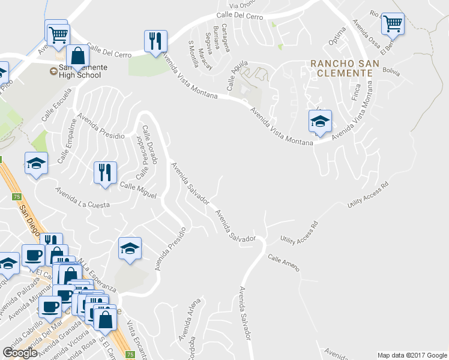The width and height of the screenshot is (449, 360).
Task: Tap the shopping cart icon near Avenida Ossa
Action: click(393, 24)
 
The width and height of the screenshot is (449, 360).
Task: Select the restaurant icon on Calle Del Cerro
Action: click(155, 41)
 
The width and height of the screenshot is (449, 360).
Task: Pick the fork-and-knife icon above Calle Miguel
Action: click(105, 173)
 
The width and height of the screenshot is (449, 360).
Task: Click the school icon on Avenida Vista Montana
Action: click(320, 121)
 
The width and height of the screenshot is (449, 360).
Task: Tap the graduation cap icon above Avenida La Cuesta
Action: click(36, 163)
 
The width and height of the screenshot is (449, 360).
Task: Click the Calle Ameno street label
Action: click(283, 263)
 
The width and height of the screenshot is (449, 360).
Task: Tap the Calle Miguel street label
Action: click(138, 190)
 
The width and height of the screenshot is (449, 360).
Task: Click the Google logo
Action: click(20, 353)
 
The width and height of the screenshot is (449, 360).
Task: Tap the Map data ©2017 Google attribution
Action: click(411, 355)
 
